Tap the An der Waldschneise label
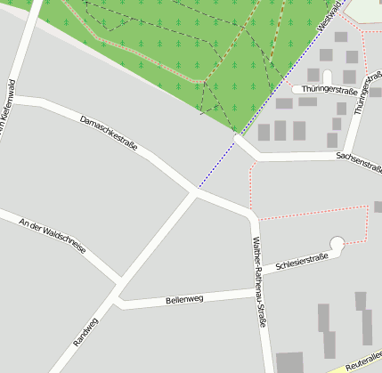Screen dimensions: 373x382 click(53, 236)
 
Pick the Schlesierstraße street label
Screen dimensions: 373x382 click(302, 261)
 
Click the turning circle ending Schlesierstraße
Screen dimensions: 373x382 click(337, 243)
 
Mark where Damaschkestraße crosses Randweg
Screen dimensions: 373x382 click(194, 191)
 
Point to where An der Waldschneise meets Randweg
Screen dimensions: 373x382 click(118, 284)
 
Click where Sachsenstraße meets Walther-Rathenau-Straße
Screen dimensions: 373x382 click(256, 159)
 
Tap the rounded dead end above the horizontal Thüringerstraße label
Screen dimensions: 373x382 click(326, 77)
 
